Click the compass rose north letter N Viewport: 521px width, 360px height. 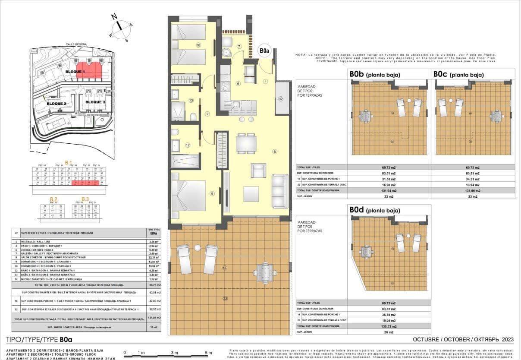[x=115, y=17]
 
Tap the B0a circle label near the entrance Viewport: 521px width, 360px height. [x=264, y=51]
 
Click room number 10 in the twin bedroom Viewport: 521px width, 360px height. [x=198, y=45]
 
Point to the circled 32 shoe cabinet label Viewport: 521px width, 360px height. [x=281, y=99]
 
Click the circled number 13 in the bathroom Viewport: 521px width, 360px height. [x=191, y=100]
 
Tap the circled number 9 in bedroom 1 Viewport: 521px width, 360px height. [x=212, y=194]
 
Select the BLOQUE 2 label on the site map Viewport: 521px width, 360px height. [x=56, y=104]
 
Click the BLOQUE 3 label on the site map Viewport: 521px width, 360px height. [x=95, y=102]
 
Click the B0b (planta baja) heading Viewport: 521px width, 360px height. [x=375, y=75]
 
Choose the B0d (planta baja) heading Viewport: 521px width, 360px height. [x=375, y=210]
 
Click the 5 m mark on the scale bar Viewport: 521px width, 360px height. [x=208, y=353]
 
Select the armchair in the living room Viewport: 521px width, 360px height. [x=259, y=171]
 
